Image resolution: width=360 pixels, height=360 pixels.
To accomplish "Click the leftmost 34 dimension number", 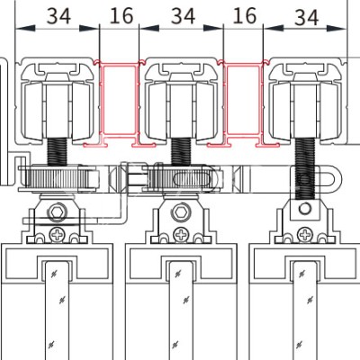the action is tap(58, 16).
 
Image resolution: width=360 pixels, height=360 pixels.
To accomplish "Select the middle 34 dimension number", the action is tap(183, 16).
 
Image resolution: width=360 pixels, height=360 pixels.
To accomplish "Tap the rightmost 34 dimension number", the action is tap(306, 17).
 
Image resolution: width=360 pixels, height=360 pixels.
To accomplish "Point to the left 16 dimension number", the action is tap(121, 16).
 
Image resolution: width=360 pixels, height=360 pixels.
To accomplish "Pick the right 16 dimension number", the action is tap(245, 16).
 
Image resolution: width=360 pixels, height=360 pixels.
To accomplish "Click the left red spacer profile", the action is tap(119, 103).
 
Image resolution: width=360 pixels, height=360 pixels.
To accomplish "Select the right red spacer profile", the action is tap(243, 103).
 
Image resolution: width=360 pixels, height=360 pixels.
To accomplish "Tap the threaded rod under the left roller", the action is tap(57, 151).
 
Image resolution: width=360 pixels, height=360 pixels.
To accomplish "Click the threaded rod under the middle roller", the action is tap(181, 151).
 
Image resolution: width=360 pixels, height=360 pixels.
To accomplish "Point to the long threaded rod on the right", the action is tap(305, 168).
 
